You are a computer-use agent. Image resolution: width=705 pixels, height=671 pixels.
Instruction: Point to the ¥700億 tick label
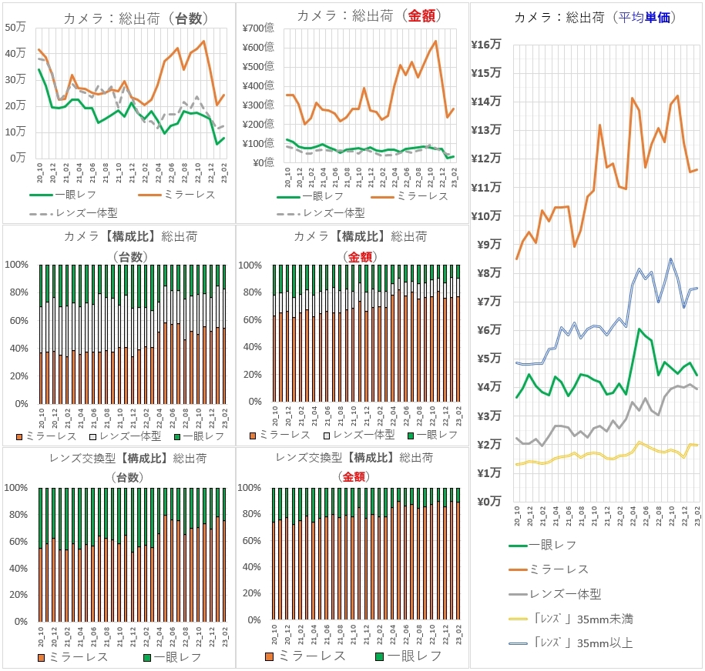coord(258,28)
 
